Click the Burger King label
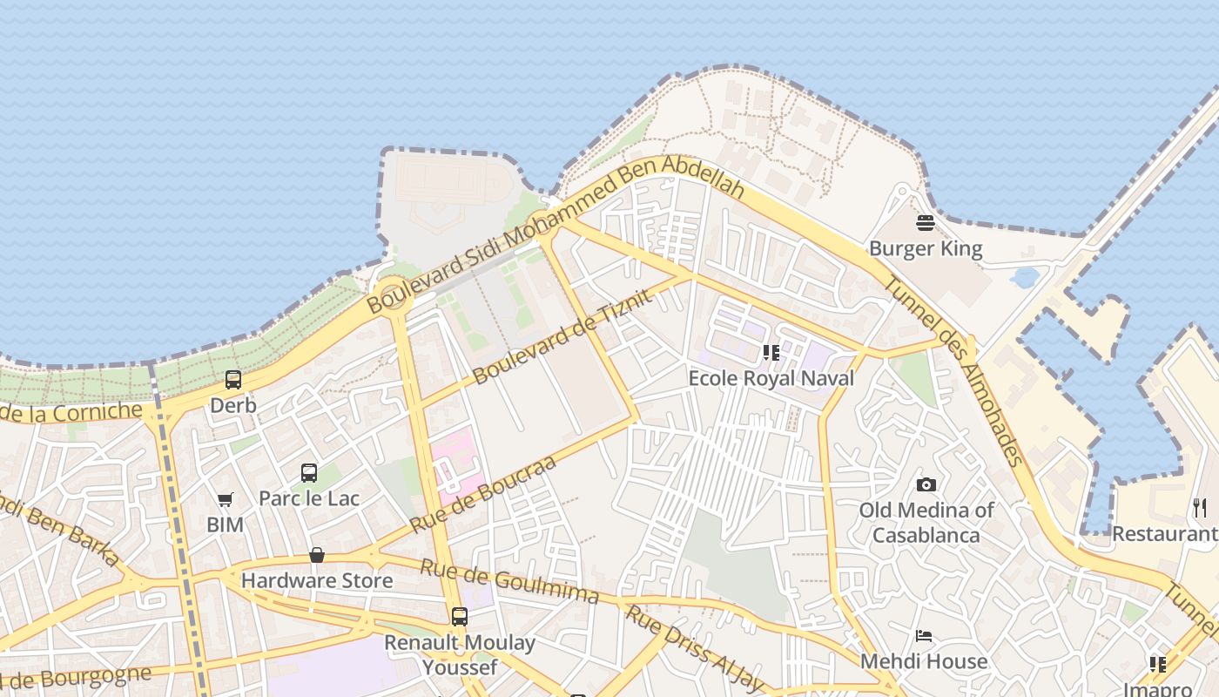click(926, 249)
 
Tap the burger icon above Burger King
click(926, 223)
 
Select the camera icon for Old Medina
click(926, 484)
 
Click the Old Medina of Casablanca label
click(926, 522)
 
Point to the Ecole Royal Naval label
click(771, 378)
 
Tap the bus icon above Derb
click(233, 380)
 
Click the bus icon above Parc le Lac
click(309, 473)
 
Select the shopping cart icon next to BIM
click(226, 499)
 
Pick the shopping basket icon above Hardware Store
click(317, 555)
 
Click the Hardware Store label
click(317, 580)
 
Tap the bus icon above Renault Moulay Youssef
click(460, 617)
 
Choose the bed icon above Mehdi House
click(924, 636)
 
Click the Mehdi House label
click(924, 661)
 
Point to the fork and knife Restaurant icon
click(1200, 508)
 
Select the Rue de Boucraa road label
click(482, 494)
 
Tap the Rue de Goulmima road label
click(509, 581)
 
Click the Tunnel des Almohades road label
click(953, 371)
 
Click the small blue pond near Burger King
click(1026, 278)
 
